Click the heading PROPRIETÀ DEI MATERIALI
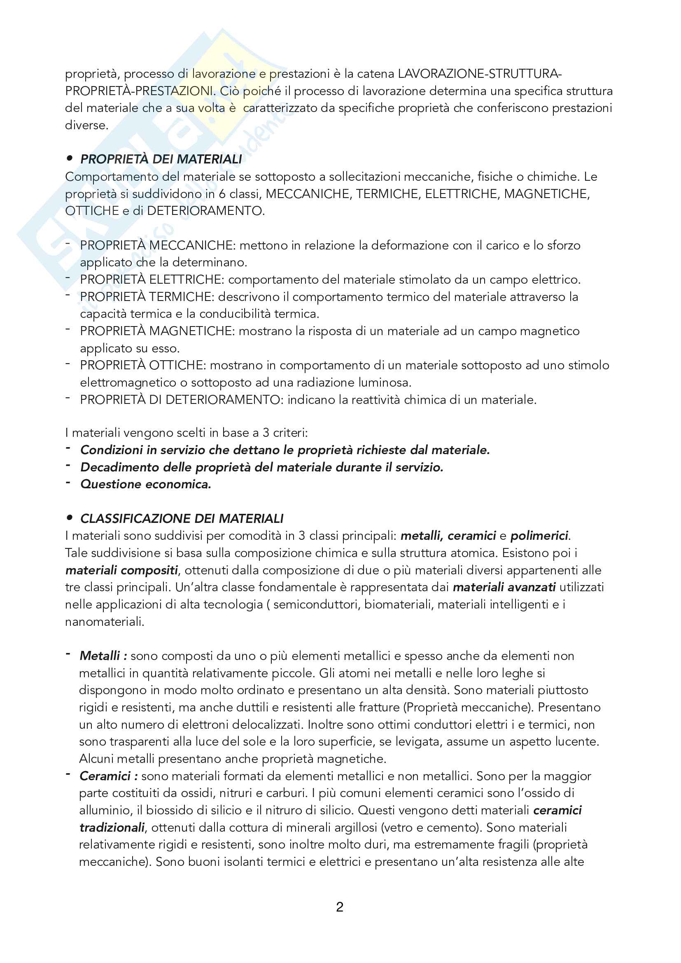pos(161,159)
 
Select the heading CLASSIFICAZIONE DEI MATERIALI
pos(182,519)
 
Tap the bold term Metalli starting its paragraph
pos(100,656)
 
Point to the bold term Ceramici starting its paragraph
pos(105,776)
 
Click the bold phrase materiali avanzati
pos(504,587)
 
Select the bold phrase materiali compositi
pos(121,570)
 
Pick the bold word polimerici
pos(539,536)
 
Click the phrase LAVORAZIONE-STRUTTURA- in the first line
pos(480,74)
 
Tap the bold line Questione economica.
pos(145,485)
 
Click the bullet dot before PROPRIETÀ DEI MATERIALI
pos(70,159)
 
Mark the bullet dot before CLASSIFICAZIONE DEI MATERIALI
pos(70,518)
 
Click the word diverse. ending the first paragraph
pos(86,126)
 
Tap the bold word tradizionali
pos(112,828)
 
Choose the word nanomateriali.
pos(105,622)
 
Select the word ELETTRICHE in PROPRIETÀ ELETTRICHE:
pos(185,280)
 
